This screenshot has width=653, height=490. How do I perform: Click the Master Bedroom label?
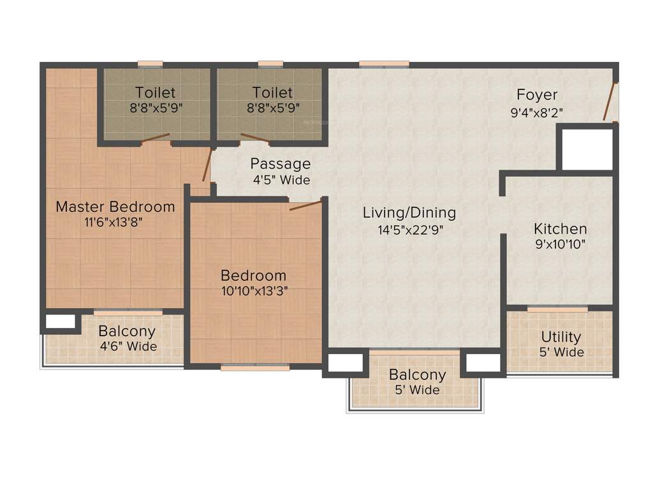pyautogui.click(x=115, y=207)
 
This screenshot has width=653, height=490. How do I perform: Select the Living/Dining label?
pyautogui.click(x=409, y=212)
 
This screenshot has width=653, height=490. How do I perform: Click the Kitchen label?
pyautogui.click(x=561, y=228)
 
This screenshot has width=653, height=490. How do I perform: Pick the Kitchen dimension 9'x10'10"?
pyautogui.click(x=561, y=244)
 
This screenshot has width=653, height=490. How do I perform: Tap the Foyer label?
pyautogui.click(x=537, y=95)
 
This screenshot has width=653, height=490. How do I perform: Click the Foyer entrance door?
pyautogui.click(x=610, y=101)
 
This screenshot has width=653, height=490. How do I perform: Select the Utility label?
pyautogui.click(x=561, y=336)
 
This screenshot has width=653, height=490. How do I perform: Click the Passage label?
pyautogui.click(x=280, y=164)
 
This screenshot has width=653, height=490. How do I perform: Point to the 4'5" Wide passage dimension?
pyautogui.click(x=281, y=180)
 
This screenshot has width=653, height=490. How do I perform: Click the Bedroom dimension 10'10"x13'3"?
pyautogui.click(x=253, y=292)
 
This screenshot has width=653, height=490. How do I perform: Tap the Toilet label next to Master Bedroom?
pyautogui.click(x=156, y=93)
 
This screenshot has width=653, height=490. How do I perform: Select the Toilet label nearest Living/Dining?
pyautogui.click(x=272, y=93)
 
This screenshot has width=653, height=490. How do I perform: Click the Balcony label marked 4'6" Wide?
pyautogui.click(x=127, y=331)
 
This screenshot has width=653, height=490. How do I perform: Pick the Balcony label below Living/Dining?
pyautogui.click(x=418, y=375)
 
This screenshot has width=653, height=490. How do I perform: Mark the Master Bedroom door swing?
pyautogui.click(x=206, y=165)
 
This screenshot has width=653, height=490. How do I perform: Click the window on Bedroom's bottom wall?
pyautogui.click(x=255, y=367)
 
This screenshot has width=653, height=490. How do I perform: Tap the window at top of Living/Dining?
pyautogui.click(x=384, y=63)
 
